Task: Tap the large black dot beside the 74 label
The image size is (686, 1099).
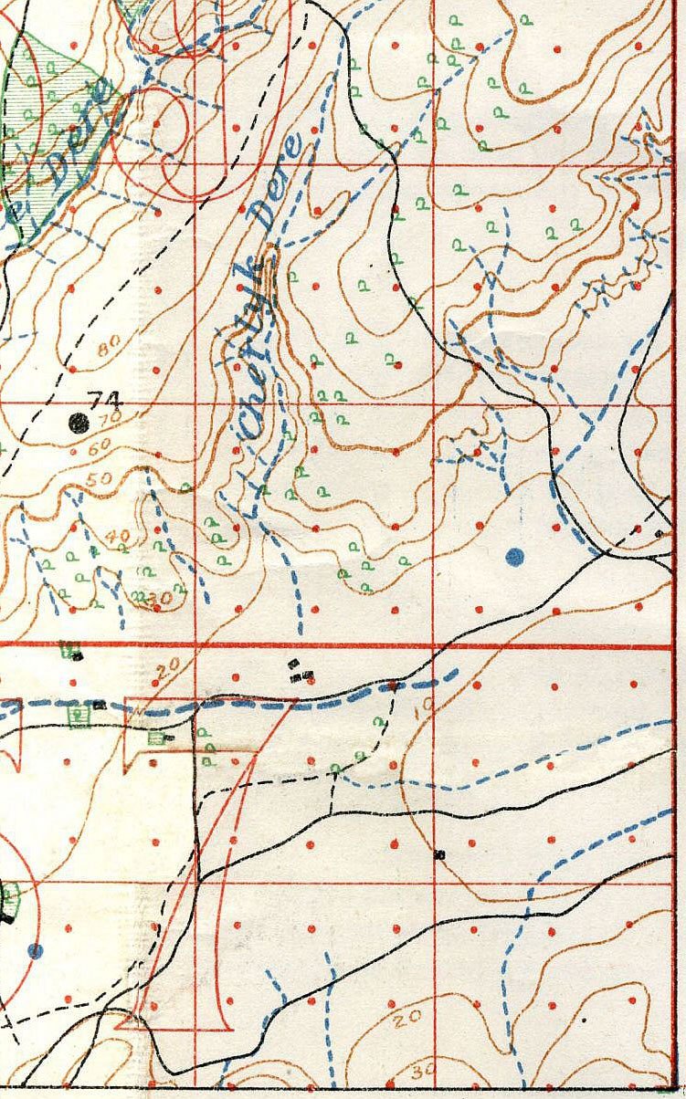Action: click(79, 422)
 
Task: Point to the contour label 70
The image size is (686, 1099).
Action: click(111, 419)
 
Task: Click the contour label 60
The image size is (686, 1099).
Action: click(99, 445)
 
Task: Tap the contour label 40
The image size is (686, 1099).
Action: click(119, 537)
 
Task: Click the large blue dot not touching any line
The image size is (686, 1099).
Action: click(514, 555)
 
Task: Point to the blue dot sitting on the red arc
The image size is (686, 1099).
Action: click(35, 951)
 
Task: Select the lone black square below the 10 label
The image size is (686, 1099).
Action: click(439, 854)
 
